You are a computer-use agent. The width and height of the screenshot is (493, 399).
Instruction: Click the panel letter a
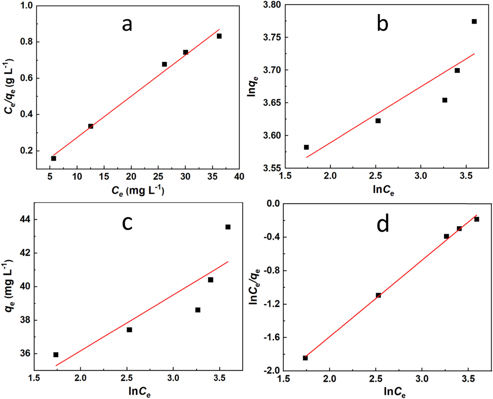pyautogui.click(x=127, y=25)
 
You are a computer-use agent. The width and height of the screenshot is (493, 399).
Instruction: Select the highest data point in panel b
pyautogui.click(x=474, y=21)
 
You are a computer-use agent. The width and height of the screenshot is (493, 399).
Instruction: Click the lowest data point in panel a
pyautogui.click(x=54, y=158)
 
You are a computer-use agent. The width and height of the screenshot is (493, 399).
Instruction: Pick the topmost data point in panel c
pyautogui.click(x=228, y=227)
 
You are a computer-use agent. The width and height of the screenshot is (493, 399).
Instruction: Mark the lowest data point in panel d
pyautogui.click(x=305, y=358)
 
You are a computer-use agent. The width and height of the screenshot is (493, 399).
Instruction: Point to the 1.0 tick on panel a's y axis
pyautogui.click(x=26, y=6)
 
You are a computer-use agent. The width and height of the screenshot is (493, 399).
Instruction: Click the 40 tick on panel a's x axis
pyautogui.click(x=239, y=176)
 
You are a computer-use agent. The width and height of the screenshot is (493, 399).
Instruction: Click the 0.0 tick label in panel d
pyautogui.click(x=272, y=203)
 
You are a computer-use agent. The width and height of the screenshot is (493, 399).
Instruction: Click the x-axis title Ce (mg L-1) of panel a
pyautogui.click(x=138, y=191)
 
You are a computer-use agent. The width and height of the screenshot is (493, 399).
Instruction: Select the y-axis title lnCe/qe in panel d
pyautogui.click(x=254, y=286)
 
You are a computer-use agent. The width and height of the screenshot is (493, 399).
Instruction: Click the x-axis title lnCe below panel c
pyautogui.click(x=139, y=391)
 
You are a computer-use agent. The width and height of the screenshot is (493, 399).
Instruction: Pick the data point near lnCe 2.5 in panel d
pyautogui.click(x=378, y=295)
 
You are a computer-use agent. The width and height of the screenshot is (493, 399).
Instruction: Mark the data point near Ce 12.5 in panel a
pyautogui.click(x=91, y=126)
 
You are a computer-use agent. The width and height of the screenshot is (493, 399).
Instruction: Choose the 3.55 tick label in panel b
pyautogui.click(x=272, y=168)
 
